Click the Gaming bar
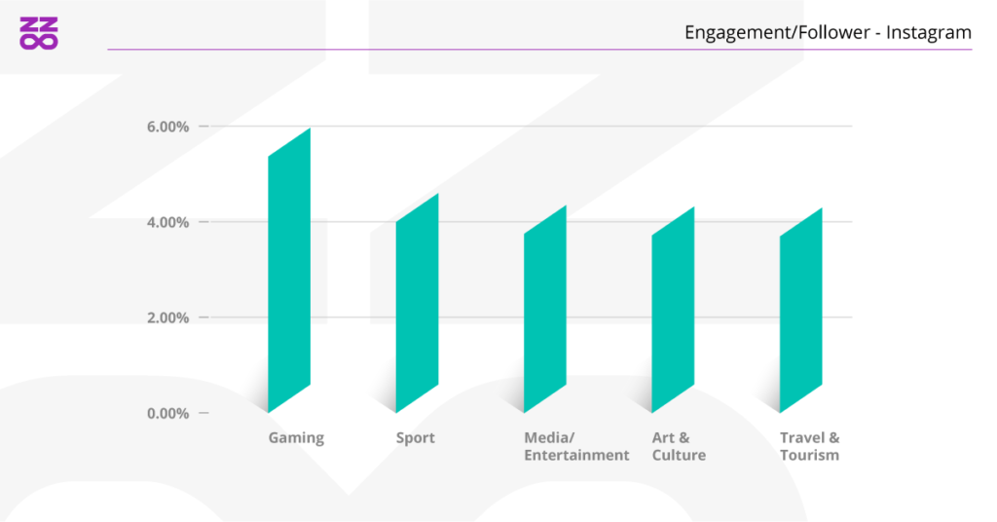click(x=289, y=270)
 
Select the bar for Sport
click(x=417, y=303)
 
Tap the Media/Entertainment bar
click(x=545, y=309)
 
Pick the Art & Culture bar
click(x=673, y=310)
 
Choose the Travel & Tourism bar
click(x=800, y=310)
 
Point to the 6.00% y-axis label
click(x=167, y=127)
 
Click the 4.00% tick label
click(x=167, y=222)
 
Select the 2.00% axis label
click(x=167, y=317)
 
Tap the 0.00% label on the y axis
click(x=167, y=413)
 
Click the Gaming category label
click(x=296, y=438)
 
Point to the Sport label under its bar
click(x=415, y=438)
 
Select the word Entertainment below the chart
click(x=576, y=456)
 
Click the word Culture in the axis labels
click(x=679, y=456)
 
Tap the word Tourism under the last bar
click(x=809, y=456)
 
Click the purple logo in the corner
click(x=39, y=32)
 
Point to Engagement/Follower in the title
click(x=777, y=33)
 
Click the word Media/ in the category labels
click(x=545, y=438)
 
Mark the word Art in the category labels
click(x=664, y=438)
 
